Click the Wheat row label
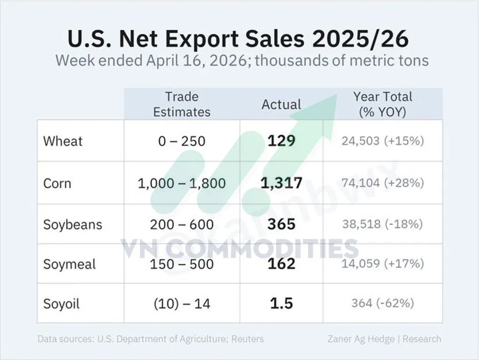click(x=63, y=141)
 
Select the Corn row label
click(x=57, y=183)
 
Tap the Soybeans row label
click(x=73, y=224)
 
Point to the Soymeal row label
click(x=70, y=264)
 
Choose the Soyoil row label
click(x=62, y=304)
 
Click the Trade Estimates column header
click(x=182, y=104)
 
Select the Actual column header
click(x=281, y=104)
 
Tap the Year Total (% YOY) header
click(x=383, y=104)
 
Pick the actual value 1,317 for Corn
click(x=281, y=182)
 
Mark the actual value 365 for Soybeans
click(x=281, y=224)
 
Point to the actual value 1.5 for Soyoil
click(x=281, y=304)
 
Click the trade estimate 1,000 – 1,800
click(x=182, y=183)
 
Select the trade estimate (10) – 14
click(x=182, y=304)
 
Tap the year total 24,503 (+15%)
click(x=383, y=141)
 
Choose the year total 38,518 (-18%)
click(x=383, y=224)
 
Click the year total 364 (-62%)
click(x=383, y=304)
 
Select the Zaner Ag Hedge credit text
click(x=361, y=339)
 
